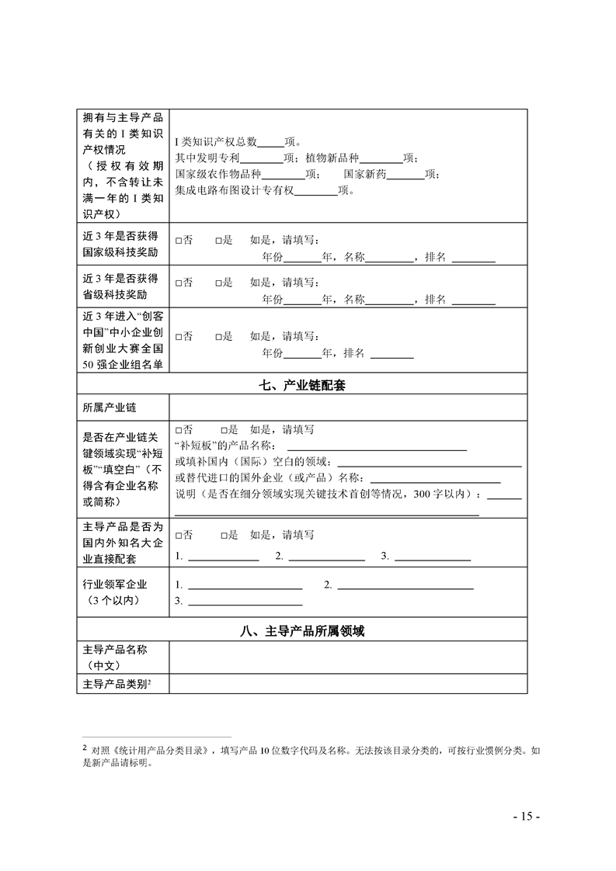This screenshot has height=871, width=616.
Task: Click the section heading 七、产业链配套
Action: pos(302,386)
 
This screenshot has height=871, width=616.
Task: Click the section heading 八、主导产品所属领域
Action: pos(302,632)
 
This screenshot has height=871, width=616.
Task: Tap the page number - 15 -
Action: pos(526,816)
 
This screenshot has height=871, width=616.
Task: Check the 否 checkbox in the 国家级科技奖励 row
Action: pos(179,241)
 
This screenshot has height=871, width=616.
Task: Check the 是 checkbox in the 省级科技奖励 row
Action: pos(219,283)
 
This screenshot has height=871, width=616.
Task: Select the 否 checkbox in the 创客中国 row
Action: pos(179,337)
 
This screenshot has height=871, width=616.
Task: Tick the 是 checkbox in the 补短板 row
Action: pos(224,429)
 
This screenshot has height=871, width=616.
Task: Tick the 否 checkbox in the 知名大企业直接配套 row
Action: pos(179,535)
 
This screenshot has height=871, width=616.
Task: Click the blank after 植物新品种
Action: pos(382,158)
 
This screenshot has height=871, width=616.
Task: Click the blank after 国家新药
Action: pos(405,174)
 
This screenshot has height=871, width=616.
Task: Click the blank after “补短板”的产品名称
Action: pos(377,446)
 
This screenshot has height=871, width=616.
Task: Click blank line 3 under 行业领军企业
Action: pos(245,602)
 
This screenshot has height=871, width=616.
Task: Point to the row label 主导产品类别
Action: pos(117,684)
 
